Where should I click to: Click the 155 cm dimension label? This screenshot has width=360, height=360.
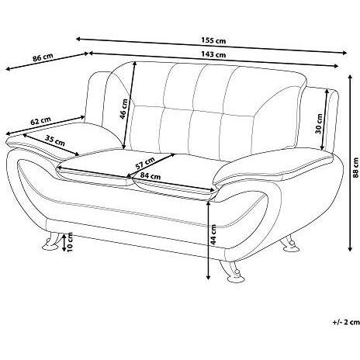(213, 40)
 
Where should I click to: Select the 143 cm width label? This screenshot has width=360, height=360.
(213, 54)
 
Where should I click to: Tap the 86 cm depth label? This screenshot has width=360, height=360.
(43, 57)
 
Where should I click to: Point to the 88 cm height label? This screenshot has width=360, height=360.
(356, 168)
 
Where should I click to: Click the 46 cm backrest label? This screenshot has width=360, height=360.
(124, 109)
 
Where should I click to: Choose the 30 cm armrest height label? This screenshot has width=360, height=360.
(319, 123)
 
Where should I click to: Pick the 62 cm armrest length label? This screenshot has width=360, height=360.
(40, 121)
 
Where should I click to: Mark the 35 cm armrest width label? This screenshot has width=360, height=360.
(54, 140)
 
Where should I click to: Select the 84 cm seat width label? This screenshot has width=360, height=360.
(151, 176)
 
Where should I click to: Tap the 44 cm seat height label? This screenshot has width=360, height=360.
(213, 234)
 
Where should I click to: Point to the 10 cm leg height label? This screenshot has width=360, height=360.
(70, 242)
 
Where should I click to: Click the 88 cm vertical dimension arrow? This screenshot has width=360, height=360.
(350, 163)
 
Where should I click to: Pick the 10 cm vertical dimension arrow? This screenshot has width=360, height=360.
(64, 243)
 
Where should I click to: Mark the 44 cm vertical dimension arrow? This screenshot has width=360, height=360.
(208, 240)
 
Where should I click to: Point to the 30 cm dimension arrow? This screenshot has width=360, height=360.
(324, 119)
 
